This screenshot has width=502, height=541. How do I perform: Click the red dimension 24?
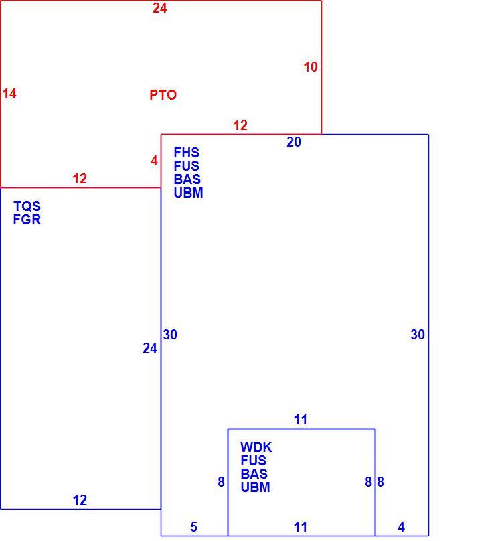tap(160, 8)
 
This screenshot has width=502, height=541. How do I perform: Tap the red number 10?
tap(311, 67)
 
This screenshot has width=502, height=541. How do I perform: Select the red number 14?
tap(9, 94)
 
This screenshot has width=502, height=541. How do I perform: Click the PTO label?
tap(163, 95)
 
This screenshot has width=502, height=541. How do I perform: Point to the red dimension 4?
tap(154, 161)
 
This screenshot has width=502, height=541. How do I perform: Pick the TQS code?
tap(27, 206)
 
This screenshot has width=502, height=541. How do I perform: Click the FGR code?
tap(27, 220)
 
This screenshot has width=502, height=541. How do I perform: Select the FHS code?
tap(186, 153)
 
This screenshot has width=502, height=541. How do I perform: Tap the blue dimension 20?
tap(294, 142)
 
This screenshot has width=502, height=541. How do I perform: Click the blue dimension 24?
tap(150, 348)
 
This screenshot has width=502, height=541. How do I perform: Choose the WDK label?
tap(256, 447)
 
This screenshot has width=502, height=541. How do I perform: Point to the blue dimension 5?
tap(194, 527)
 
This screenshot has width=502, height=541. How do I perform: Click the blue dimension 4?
tap(401, 527)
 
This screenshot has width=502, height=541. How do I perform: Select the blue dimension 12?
tap(80, 500)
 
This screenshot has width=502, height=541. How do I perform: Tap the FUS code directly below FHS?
tap(186, 166)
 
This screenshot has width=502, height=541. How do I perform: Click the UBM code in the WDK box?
tap(255, 487)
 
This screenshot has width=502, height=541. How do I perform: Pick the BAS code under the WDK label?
tap(254, 474)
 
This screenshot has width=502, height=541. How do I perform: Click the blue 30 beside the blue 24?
tap(170, 335)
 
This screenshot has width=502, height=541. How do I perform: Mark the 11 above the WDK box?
tap(300, 420)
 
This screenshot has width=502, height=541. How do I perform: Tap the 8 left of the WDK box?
tap(221, 482)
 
